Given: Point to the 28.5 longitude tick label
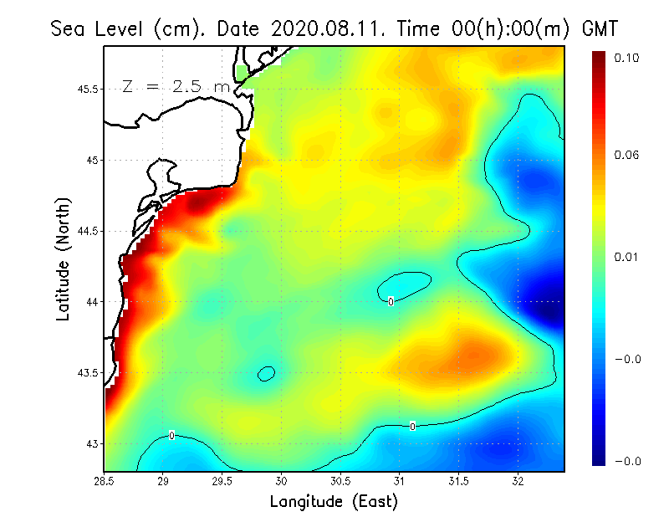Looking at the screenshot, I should (x=105, y=481).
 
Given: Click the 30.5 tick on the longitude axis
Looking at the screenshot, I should (x=341, y=481).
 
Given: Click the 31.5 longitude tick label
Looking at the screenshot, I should (x=458, y=481).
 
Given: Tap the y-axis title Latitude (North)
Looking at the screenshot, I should (x=63, y=259).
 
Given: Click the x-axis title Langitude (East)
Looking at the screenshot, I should (x=334, y=501).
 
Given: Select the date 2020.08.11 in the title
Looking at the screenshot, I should (x=323, y=28).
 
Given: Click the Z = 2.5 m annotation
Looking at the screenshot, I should (x=175, y=87).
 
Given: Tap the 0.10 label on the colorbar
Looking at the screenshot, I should (x=626, y=58).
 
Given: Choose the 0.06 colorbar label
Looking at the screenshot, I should (x=626, y=155).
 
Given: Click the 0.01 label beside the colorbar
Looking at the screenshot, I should (x=626, y=257).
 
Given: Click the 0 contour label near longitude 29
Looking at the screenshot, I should (x=171, y=436).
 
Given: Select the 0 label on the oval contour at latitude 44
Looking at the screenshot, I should (x=391, y=300).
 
